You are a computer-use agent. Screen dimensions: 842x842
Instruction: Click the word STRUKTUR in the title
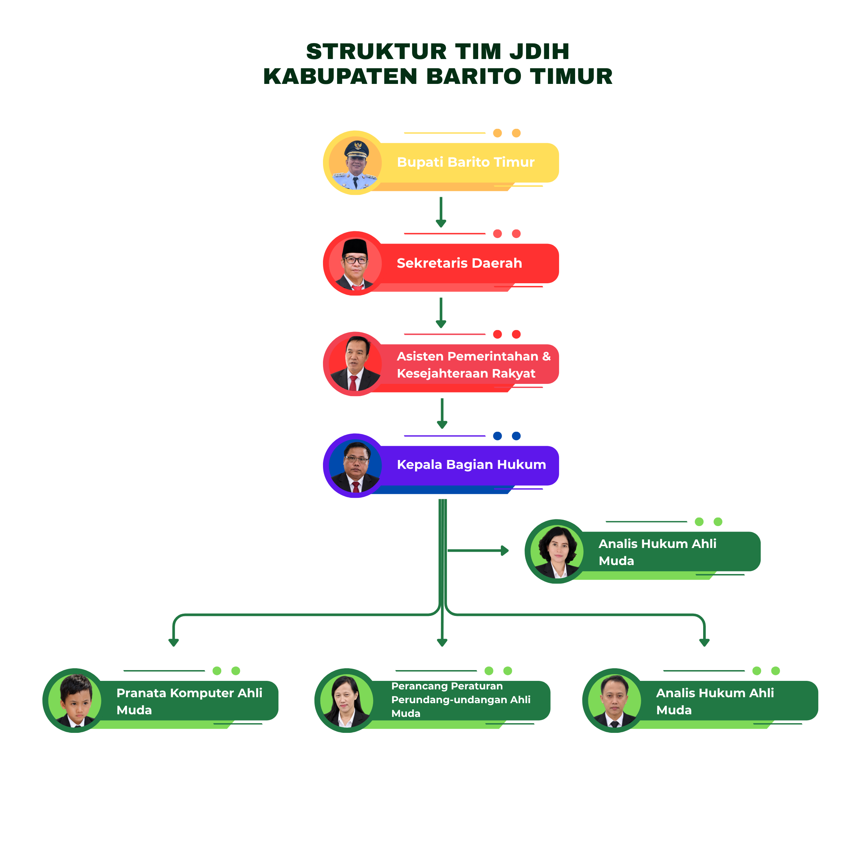376,52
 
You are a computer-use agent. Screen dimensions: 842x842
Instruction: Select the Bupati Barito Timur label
466,162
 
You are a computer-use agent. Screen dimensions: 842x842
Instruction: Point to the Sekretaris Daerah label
459,263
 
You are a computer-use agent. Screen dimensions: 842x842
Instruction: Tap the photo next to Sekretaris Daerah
355,264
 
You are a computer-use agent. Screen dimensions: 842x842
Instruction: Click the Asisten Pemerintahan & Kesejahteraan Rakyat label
474,365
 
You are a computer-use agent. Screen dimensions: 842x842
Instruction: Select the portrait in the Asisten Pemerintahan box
355,364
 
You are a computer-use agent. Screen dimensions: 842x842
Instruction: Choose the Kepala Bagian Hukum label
471,464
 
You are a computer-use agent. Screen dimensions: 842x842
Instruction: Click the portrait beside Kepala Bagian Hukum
355,466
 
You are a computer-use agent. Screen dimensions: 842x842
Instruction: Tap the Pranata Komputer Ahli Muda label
190,701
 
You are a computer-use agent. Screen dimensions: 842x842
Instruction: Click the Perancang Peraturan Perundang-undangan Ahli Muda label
461,699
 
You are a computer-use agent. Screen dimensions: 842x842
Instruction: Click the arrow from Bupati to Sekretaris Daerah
441,212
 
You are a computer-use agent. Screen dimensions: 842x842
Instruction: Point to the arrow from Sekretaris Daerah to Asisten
441,313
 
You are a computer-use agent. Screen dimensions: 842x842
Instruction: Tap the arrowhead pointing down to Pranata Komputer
173,642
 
